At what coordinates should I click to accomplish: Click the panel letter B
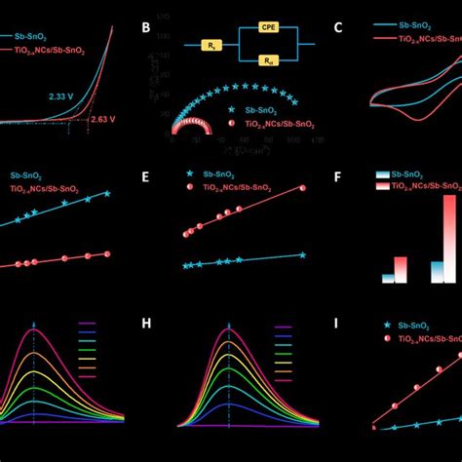pyautogui.click(x=145, y=28)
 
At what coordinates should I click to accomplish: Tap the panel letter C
pyautogui.click(x=338, y=28)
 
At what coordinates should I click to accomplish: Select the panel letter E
pyautogui.click(x=145, y=177)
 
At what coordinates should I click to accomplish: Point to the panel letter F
pyautogui.click(x=338, y=177)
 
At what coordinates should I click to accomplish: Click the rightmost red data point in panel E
pyautogui.click(x=302, y=188)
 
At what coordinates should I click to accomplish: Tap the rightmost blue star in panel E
pyautogui.click(x=302, y=254)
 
